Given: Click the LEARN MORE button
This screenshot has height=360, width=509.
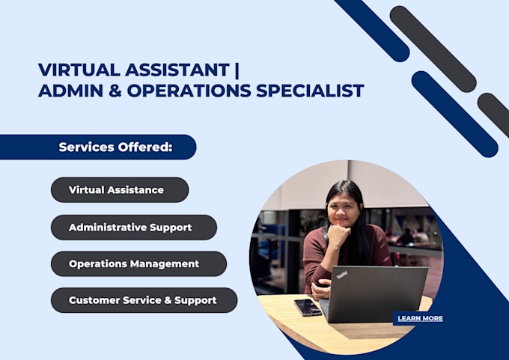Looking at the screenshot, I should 420,318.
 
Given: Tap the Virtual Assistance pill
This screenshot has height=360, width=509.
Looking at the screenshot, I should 120,189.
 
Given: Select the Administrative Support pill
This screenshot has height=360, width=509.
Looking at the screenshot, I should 133,227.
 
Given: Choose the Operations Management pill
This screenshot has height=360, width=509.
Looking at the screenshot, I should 138,263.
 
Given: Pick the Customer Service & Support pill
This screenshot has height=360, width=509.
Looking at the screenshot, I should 144,300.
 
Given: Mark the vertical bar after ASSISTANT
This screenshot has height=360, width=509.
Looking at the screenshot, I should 237,70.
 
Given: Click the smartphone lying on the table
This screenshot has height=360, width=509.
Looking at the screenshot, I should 308,307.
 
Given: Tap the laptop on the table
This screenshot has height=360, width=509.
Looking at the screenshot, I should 377,293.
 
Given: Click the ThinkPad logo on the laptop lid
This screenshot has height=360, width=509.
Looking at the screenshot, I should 341,275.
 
